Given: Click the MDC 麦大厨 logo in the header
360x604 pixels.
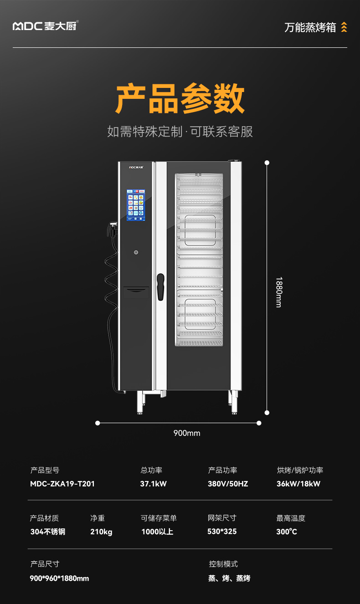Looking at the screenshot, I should coord(45,26).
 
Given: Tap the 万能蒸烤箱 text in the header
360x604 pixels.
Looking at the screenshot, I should coord(310,27).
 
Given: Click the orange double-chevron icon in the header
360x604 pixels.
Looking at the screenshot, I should coord(344,27).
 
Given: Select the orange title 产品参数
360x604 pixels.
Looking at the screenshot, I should coord(180,99).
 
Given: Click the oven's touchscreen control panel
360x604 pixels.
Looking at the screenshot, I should coord(135,205).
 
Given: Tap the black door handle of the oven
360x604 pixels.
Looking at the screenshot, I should coord(160,287).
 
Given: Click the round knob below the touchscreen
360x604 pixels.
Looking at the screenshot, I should coord(136,252).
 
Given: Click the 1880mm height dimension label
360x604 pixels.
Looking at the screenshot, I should coord(279,292).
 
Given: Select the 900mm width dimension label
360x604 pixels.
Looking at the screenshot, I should coord(187,433).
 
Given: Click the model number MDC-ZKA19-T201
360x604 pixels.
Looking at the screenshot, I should coord(62,484).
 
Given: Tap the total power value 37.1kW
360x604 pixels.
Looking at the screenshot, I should coord(153,484).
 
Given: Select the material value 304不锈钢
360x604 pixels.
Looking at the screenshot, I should coord(48,532).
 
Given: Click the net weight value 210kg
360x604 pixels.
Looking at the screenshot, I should coord(101,532).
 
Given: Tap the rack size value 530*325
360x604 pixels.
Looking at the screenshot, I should coord(222,532).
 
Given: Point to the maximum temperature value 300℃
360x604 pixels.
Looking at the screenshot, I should coord(287,532).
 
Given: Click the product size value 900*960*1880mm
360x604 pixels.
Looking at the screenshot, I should coord(59,578).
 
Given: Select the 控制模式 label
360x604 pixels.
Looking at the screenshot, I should coord(223,564).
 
